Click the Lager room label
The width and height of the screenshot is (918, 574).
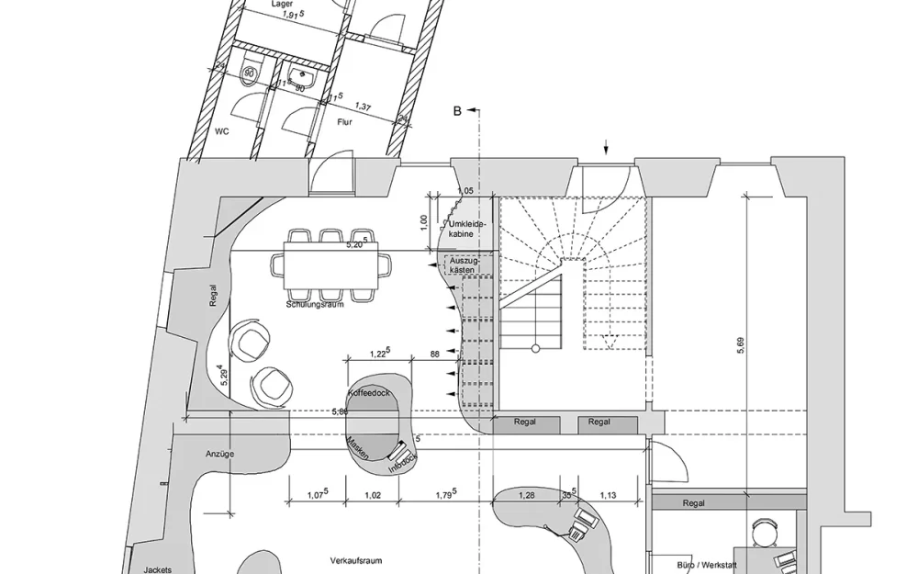pyautogui.click(x=282, y=5)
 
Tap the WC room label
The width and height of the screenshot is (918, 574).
pyautogui.click(x=222, y=131)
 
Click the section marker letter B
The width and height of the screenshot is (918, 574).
pyautogui.click(x=457, y=111)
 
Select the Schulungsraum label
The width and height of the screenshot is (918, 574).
pyautogui.click(x=315, y=304)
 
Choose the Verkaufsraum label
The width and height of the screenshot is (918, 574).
pyautogui.click(x=355, y=560)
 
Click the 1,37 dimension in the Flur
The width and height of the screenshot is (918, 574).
pyautogui.click(x=364, y=108)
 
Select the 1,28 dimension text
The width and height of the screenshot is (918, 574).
pyautogui.click(x=526, y=496)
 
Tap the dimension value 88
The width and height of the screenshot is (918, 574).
pyautogui.click(x=435, y=354)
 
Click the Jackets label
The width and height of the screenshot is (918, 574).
pyautogui.click(x=157, y=569)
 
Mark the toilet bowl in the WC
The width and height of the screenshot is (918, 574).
pyautogui.click(x=249, y=73)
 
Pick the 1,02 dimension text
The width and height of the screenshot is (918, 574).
pyautogui.click(x=374, y=496)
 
